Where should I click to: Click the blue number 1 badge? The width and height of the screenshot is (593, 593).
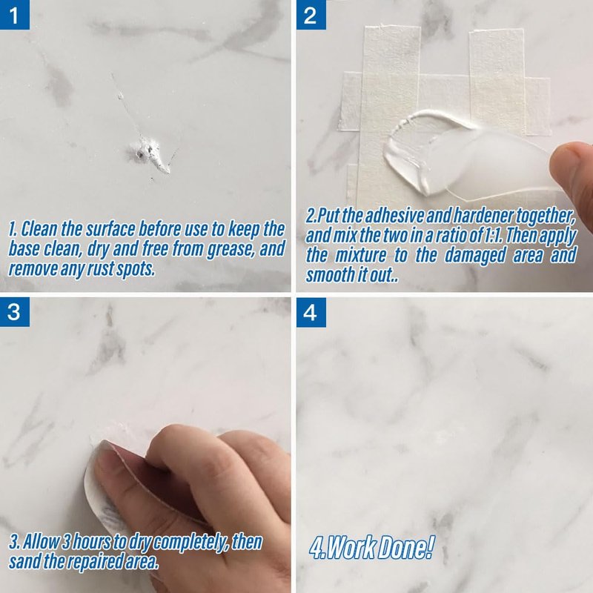(x=14, y=14)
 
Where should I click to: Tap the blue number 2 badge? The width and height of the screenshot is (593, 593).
(x=311, y=14)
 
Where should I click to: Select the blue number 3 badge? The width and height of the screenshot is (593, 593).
(x=14, y=312)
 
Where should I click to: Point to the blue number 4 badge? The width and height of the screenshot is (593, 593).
(x=311, y=312)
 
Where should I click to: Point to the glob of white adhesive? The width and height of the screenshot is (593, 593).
(x=411, y=151)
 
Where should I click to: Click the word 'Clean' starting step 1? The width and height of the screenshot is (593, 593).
(x=39, y=229)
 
